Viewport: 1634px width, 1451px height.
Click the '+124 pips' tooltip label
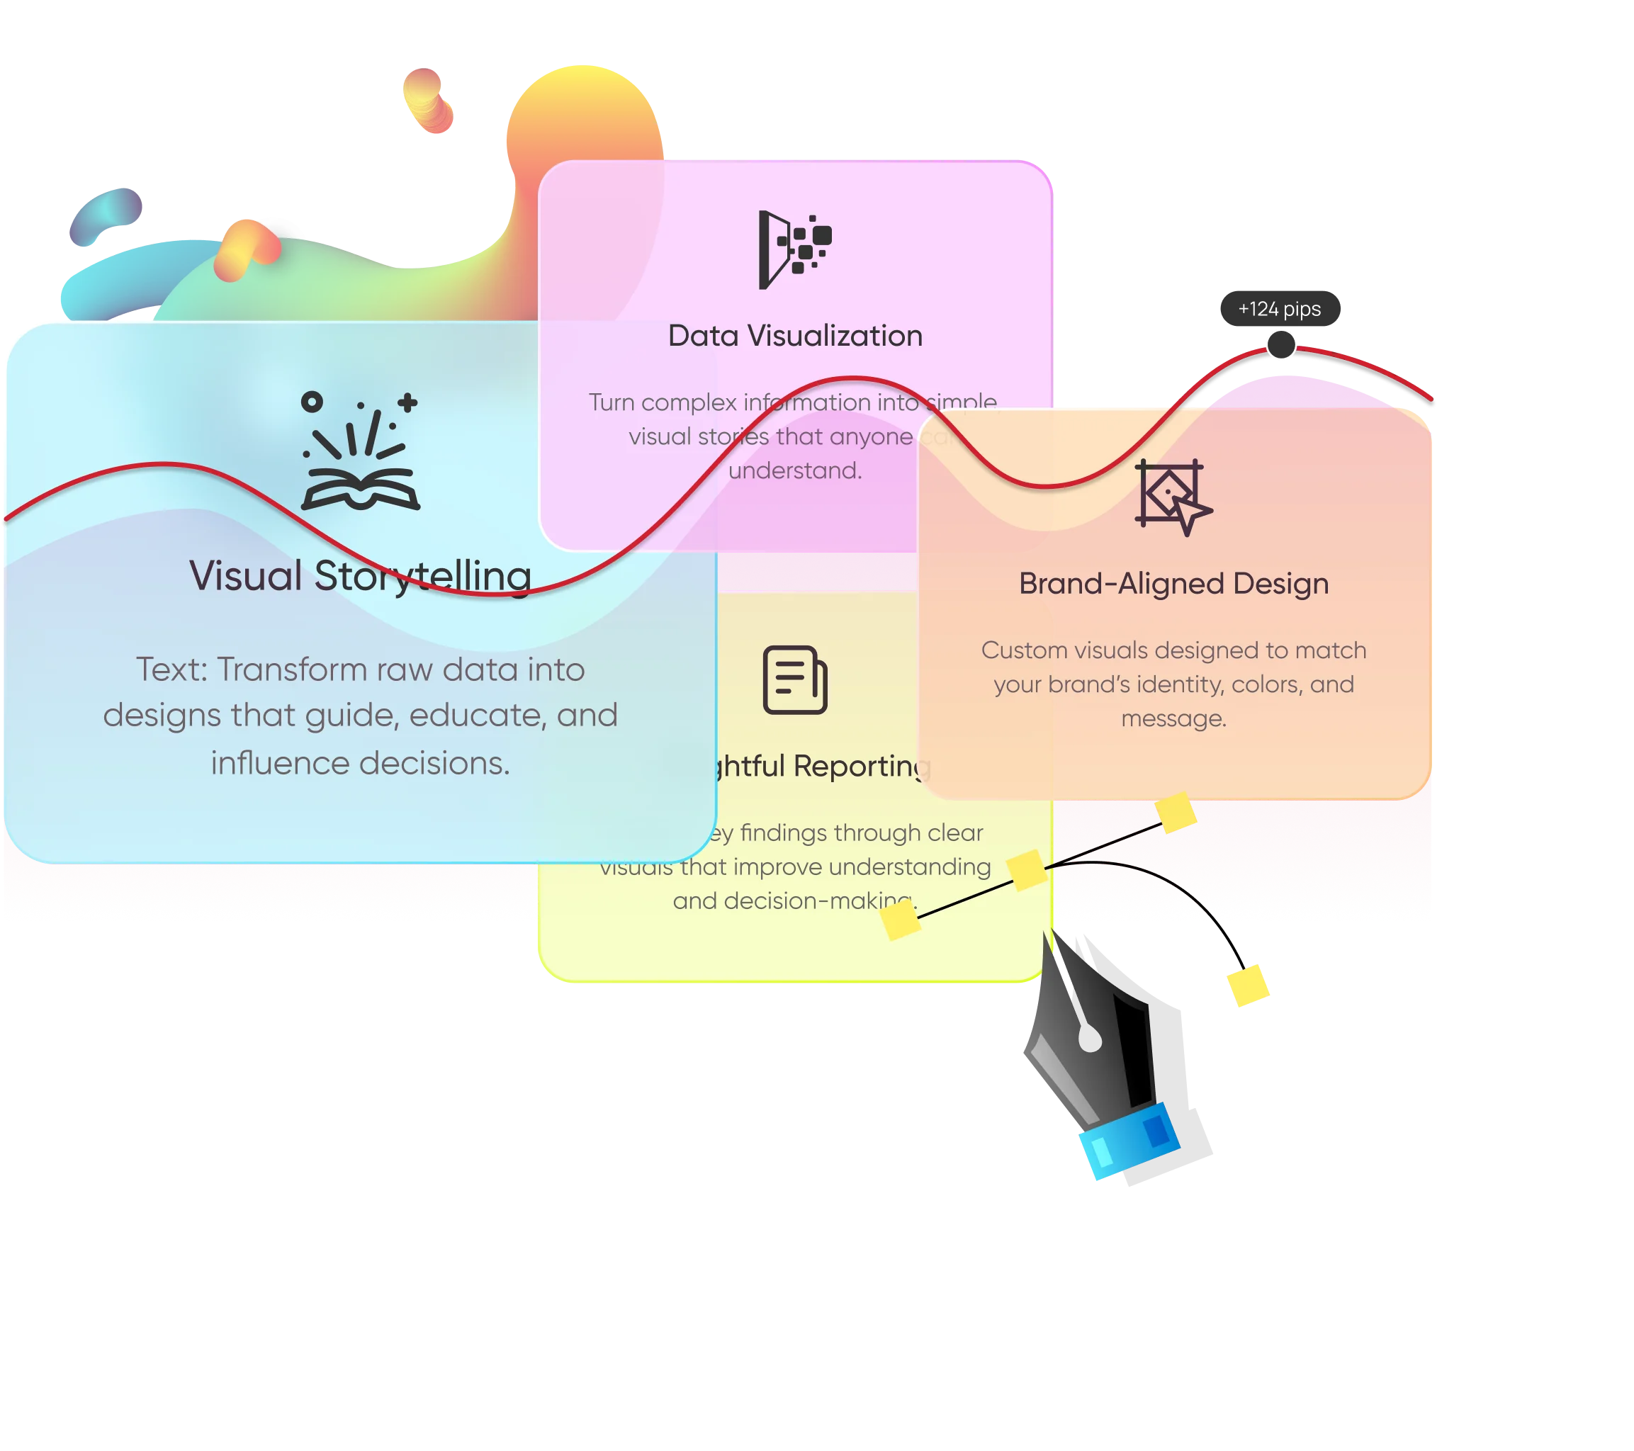point(1279,310)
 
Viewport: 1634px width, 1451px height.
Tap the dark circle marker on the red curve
point(1280,345)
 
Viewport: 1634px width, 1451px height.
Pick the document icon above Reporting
point(794,679)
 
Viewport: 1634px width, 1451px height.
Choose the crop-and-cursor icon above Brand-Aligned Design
point(1173,497)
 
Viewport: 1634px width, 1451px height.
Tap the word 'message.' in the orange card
point(1173,718)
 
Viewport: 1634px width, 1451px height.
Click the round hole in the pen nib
point(1089,1039)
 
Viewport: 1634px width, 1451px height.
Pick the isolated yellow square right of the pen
point(1248,986)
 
